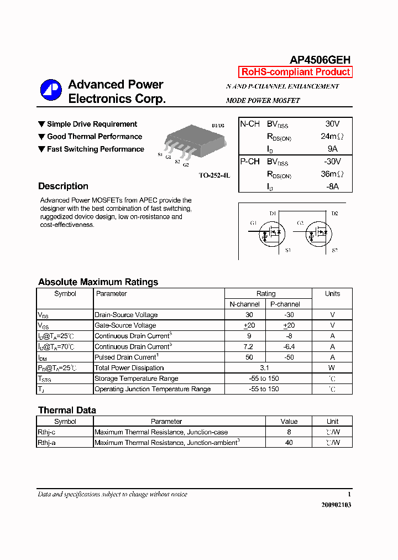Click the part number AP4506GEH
point(320,60)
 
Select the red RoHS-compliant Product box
point(295,72)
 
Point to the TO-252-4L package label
point(214,175)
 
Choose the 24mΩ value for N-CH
point(332,136)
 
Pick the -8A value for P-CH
point(332,186)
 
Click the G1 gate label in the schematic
point(253,224)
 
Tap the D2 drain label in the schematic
point(334,214)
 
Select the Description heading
point(63,186)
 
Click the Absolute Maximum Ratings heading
point(98,282)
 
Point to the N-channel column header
point(245,304)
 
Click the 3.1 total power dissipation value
point(264,368)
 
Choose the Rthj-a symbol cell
point(47,443)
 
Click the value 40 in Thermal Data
point(289,443)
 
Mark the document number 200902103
point(336,505)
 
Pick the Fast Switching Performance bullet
point(91,149)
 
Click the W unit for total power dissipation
point(332,368)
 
